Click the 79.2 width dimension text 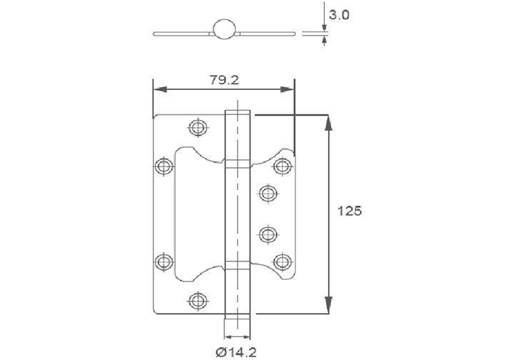[x=224, y=80]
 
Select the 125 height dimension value [x=350, y=211]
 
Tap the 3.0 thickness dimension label [x=340, y=15]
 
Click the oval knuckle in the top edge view [x=224, y=29]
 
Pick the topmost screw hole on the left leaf [x=198, y=127]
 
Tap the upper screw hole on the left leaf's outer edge [x=164, y=167]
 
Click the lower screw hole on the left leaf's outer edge [x=164, y=261]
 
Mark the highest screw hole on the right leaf [x=283, y=166]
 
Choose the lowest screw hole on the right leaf [x=283, y=261]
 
